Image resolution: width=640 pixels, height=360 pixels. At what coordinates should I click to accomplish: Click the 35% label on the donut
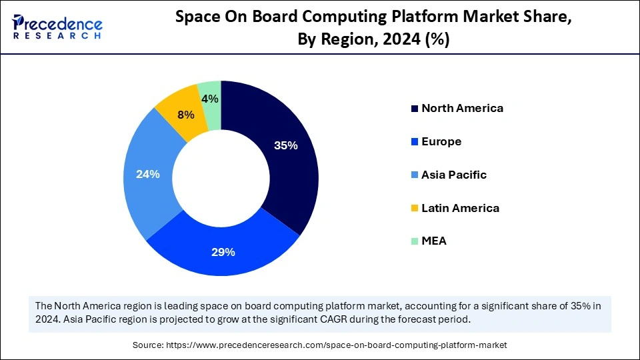point(285,146)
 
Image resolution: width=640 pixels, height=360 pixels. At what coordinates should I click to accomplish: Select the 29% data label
point(223,252)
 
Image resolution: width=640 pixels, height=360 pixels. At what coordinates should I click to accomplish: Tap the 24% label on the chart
point(147,174)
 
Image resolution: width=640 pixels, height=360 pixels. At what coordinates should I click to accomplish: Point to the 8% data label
point(185,115)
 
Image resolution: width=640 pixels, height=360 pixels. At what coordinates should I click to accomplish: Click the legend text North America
point(462,108)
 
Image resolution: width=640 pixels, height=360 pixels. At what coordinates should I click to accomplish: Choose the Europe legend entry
point(441,141)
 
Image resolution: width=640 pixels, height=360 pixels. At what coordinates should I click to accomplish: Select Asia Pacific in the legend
point(453,175)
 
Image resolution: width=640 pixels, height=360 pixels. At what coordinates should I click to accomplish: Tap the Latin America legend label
point(460,208)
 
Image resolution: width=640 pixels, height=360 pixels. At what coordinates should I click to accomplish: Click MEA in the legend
point(433,241)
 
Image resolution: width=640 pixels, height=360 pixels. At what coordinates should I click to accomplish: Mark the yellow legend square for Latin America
point(415,209)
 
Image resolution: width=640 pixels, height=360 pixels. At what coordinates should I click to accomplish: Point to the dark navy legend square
point(415,109)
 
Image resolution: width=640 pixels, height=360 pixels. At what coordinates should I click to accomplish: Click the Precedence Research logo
point(57,27)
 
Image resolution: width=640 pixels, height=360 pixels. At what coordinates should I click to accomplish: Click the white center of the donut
point(221,178)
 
